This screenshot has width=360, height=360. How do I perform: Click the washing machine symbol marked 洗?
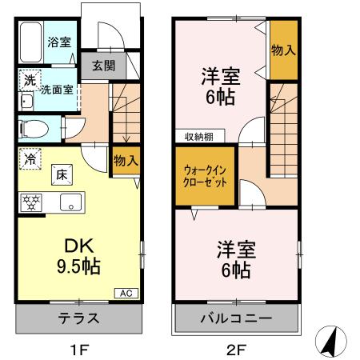click(28, 80)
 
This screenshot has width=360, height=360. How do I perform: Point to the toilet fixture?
click(34, 128)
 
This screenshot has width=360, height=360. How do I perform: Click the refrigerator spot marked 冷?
click(28, 158)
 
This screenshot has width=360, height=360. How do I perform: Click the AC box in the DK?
click(126, 293)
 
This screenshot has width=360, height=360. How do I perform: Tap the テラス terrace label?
click(78, 318)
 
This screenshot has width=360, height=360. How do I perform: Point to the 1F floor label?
click(78, 349)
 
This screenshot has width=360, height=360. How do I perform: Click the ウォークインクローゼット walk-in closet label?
click(205, 175)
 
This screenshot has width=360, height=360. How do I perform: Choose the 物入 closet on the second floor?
click(283, 50)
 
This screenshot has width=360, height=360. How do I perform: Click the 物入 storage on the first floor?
click(126, 160)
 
